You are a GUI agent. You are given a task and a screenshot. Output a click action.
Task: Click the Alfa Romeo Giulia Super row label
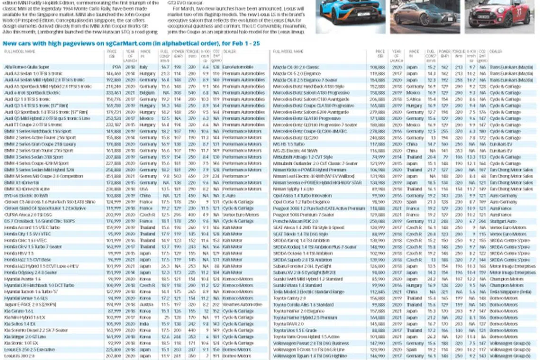point(27,67)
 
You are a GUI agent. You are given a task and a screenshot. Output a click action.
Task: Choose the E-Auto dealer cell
point(232,195)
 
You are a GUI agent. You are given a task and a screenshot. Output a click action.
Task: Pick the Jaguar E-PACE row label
point(29,305)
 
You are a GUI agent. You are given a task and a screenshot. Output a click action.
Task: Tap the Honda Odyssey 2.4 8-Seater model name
point(30,272)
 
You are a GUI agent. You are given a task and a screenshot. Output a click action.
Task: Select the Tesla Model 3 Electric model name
point(308,292)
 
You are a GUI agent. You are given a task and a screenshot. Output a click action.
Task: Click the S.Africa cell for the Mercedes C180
point(414,99)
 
